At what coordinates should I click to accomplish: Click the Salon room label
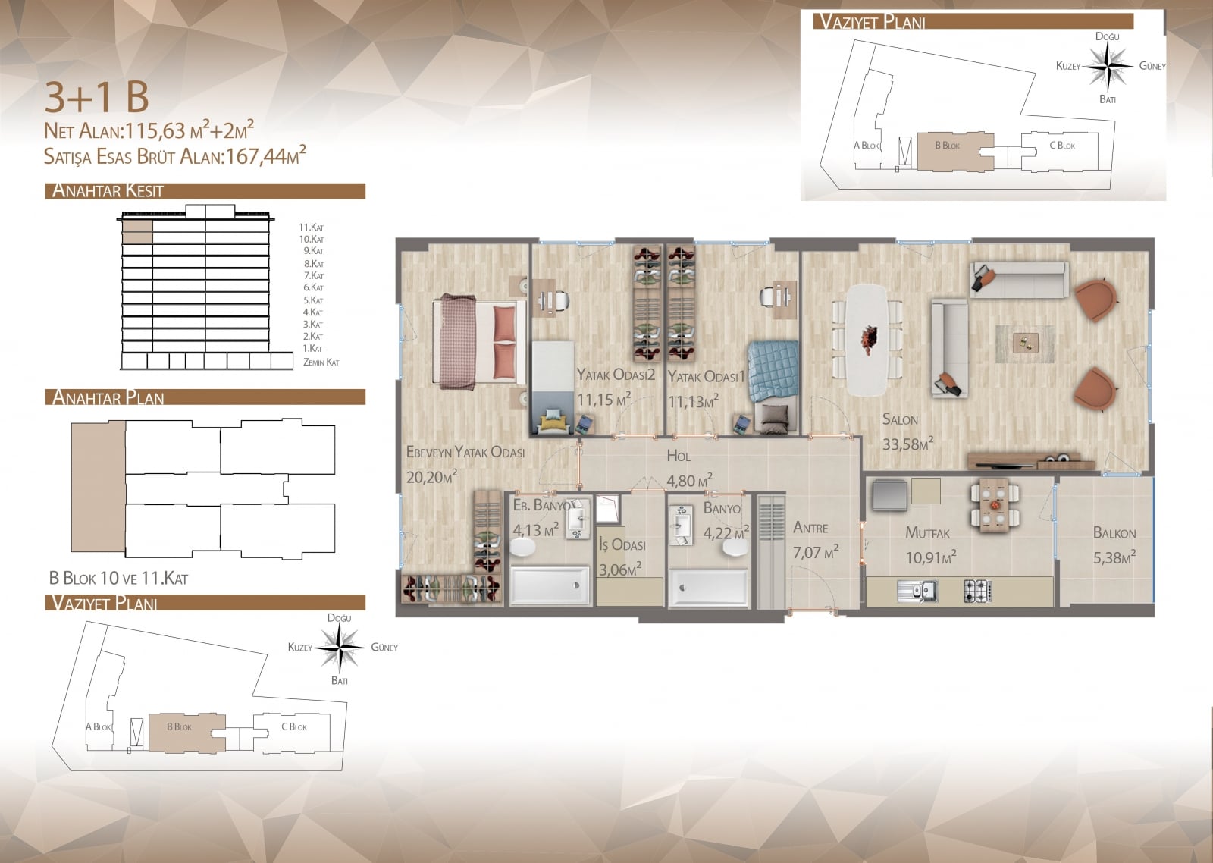click(x=900, y=419)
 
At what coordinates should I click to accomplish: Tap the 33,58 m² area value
click(x=907, y=444)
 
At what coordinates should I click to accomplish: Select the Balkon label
click(x=1114, y=533)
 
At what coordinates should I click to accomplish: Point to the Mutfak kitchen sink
click(x=917, y=591)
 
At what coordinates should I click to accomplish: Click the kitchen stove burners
click(x=978, y=591)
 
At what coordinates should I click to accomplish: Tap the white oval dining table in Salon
click(x=867, y=339)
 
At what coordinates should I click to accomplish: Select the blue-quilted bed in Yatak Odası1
click(x=773, y=387)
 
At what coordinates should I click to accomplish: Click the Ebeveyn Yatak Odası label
click(x=465, y=453)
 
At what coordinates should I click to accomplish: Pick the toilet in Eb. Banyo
click(x=522, y=548)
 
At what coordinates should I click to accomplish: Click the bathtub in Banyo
click(x=709, y=586)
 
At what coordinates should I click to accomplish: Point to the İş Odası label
click(x=622, y=544)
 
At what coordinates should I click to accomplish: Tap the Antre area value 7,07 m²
click(x=816, y=552)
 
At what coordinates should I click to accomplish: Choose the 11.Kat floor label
click(x=312, y=227)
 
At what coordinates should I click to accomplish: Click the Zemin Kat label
click(x=321, y=362)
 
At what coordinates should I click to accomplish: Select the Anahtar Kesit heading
click(x=107, y=190)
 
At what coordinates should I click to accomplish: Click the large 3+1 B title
click(x=96, y=98)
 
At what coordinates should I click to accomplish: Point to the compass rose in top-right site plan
click(x=1108, y=67)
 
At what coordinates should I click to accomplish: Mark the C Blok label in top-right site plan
click(x=1062, y=145)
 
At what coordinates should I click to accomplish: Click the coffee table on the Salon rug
click(x=1026, y=343)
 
